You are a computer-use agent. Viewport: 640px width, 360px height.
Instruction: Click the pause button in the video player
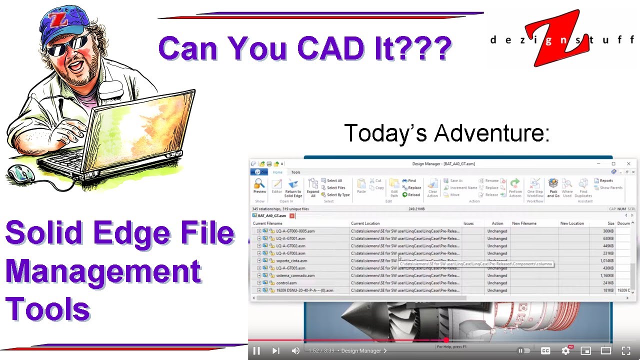(256, 351)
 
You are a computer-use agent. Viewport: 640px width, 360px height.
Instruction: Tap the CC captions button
(545, 351)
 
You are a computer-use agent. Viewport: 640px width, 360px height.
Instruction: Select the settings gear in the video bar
(566, 351)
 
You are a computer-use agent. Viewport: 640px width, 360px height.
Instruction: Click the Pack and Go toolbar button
(553, 187)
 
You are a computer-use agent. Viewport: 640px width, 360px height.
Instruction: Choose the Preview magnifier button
(259, 186)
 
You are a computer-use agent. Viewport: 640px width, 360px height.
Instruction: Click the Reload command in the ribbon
(411, 195)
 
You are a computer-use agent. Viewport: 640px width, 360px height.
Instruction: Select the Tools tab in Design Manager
(295, 172)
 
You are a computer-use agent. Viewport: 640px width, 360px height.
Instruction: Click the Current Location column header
(365, 223)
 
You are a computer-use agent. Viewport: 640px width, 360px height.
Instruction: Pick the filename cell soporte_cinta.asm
(291, 260)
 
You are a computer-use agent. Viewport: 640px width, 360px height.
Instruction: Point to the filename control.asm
(286, 283)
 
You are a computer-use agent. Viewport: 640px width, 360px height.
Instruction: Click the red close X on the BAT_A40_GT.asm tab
(292, 216)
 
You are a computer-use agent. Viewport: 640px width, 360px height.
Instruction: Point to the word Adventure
(492, 133)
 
